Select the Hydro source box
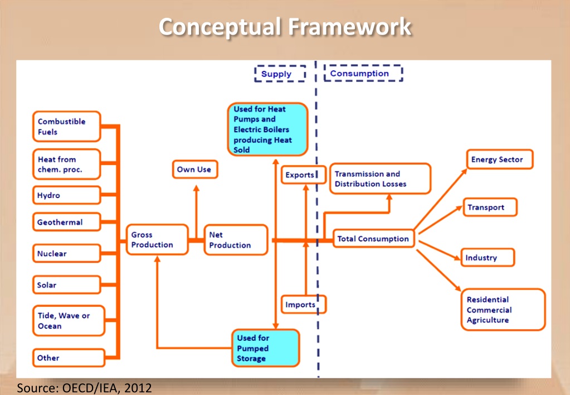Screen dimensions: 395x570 point(66,196)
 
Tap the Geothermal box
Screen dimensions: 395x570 point(66,222)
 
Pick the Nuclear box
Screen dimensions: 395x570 point(66,254)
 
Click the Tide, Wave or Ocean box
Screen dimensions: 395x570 point(68,321)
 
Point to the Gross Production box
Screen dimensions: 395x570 point(157,240)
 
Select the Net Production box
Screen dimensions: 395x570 point(236,240)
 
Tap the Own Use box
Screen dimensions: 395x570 point(194,169)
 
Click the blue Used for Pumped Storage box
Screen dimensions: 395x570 point(265,348)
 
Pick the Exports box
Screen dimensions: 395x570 point(301,175)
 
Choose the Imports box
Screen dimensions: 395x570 point(303,305)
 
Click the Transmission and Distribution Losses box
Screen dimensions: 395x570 point(380,179)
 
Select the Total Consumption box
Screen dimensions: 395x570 point(373,239)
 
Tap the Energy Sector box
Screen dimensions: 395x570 point(498,160)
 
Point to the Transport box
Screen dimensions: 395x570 point(489,208)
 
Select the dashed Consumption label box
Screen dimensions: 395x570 point(363,73)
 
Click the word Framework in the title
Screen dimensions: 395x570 point(350,26)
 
